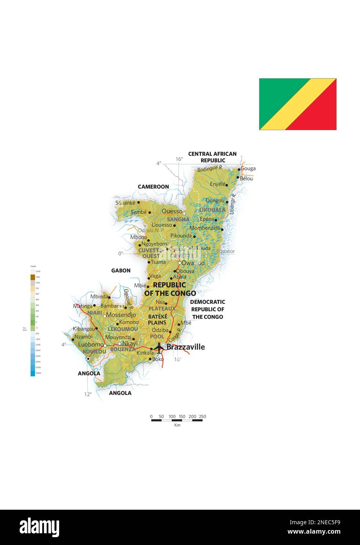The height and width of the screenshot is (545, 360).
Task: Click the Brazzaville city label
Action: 185,347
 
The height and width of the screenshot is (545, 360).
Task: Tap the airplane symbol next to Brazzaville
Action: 159,347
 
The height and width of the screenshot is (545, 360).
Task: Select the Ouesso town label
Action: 172,211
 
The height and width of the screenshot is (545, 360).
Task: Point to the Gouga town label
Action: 248,169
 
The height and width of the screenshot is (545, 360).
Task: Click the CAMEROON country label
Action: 153,187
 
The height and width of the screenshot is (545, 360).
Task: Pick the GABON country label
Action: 121,271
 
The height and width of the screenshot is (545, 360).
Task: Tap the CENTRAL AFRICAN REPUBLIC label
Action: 212,157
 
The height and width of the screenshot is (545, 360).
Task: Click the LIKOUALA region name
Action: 212,210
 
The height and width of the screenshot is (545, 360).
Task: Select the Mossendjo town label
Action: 121,315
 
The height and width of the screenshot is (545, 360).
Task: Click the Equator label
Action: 225,251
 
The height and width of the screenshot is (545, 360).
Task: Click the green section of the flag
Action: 274,94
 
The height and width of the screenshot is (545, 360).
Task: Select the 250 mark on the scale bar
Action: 202,416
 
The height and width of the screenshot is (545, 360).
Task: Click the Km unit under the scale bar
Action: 177,425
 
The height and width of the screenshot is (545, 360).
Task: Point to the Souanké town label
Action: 125,203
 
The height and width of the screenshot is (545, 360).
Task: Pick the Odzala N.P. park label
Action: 151,230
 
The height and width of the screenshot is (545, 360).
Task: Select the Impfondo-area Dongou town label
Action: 215,201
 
